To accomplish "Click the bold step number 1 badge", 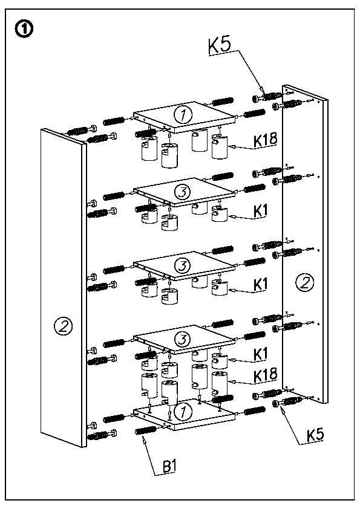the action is [24, 30].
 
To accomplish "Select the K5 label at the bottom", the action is [315, 434].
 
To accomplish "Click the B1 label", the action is [169, 467].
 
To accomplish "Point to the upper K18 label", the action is [266, 139].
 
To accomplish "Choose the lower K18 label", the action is [266, 375].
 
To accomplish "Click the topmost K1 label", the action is [260, 211].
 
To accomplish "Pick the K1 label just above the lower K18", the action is [260, 354].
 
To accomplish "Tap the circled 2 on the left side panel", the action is [63, 325].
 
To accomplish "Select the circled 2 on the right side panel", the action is [304, 282].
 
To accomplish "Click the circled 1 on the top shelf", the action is [183, 115].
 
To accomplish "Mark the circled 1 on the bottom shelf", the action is [182, 412].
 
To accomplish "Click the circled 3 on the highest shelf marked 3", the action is [182, 192].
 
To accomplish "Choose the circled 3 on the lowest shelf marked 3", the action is [182, 340].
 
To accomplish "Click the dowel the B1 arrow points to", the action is [146, 430].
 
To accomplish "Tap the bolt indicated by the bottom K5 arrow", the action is [287, 402].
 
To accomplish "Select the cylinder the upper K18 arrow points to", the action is [219, 147].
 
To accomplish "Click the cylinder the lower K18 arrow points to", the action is [219, 384].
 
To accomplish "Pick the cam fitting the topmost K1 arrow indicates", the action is [219, 213].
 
